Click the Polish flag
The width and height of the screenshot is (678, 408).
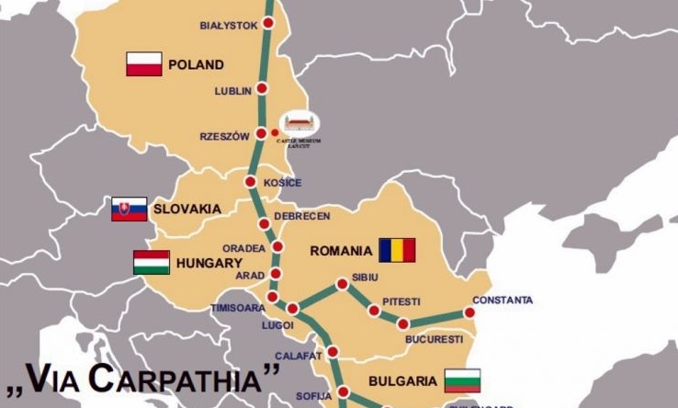144,64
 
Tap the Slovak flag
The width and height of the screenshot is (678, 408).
130,209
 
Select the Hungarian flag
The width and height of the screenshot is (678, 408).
152,262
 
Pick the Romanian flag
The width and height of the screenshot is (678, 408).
397,250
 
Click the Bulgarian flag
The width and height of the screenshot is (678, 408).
462,380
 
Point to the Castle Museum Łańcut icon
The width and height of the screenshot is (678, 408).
300,123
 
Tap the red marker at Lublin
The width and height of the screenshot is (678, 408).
262,89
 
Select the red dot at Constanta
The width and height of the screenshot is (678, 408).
469,312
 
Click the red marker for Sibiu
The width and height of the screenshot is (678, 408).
343,284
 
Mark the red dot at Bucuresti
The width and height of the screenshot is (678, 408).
402,323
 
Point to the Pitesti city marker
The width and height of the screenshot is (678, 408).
374,311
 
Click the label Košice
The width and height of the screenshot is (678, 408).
282,183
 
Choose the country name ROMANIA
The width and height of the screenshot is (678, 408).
341,251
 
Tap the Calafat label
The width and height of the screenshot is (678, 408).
299,355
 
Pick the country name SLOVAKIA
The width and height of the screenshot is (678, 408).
186,209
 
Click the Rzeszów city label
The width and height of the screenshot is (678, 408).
224,136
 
